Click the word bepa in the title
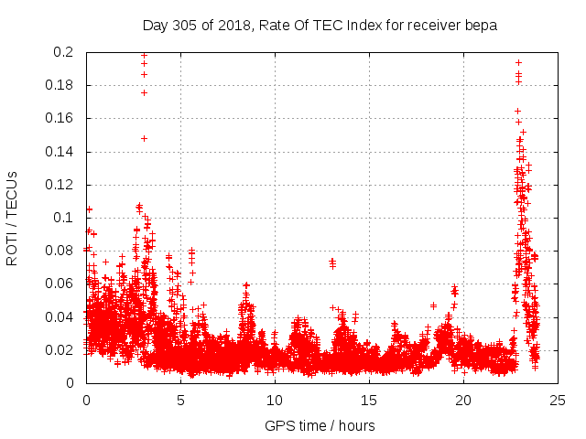pyautogui.click(x=482, y=26)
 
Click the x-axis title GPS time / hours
pyautogui.click(x=320, y=425)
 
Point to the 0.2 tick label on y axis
pyautogui.click(x=64, y=52)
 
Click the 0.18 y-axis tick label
pyautogui.click(x=60, y=85)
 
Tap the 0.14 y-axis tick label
pyautogui.click(x=60, y=151)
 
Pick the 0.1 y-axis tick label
pyautogui.click(x=64, y=218)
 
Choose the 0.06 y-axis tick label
pyautogui.click(x=60, y=284)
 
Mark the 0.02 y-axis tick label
pyautogui.click(x=60, y=349)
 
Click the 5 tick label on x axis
pyautogui.click(x=180, y=400)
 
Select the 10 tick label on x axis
pyautogui.click(x=275, y=400)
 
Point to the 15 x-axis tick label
pyautogui.click(x=369, y=400)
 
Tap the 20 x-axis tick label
pyautogui.click(x=463, y=400)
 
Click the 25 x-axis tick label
pyautogui.click(x=558, y=400)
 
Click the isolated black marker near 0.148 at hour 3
pyautogui.click(x=144, y=138)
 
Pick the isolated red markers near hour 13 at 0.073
pyautogui.click(x=332, y=262)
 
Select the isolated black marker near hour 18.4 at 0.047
pyautogui.click(x=433, y=305)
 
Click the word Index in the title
pyautogui.click(x=360, y=26)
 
